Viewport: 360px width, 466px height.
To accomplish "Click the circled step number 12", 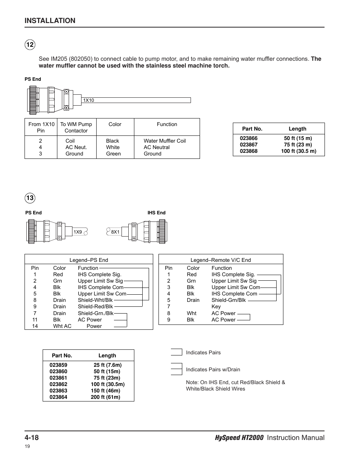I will click(x=30, y=45).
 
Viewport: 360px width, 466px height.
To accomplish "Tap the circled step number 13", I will click(x=30, y=198).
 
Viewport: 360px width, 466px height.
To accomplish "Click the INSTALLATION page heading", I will click(x=50, y=21).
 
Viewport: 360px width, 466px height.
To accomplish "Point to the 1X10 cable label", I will click(x=89, y=100).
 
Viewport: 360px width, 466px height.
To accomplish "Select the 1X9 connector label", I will click(x=78, y=232).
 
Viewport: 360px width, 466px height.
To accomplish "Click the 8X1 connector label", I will click(x=115, y=232).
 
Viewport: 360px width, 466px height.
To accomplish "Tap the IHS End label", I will click(x=156, y=213).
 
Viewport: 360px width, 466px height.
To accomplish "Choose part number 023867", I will click(x=249, y=145).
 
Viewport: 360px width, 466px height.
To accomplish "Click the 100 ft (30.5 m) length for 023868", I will click(x=298, y=151).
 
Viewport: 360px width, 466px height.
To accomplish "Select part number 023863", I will click(x=58, y=391).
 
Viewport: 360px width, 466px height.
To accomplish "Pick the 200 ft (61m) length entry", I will click(x=106, y=397).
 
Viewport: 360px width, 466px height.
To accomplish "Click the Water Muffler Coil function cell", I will click(x=165, y=141).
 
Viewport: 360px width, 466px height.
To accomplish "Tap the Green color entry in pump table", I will click(x=113, y=154).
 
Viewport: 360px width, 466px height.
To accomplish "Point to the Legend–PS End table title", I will click(x=89, y=260).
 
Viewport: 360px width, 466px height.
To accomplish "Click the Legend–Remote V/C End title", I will click(x=220, y=260).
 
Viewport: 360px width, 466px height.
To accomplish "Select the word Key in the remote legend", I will click(x=216, y=306).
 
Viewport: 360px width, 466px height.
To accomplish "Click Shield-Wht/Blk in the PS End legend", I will click(x=95, y=300).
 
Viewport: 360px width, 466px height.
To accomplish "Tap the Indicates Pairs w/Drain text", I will click(x=213, y=369).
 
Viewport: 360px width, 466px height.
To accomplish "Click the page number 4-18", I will click(x=32, y=437).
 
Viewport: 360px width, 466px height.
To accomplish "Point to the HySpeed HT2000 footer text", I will click(x=239, y=438).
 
